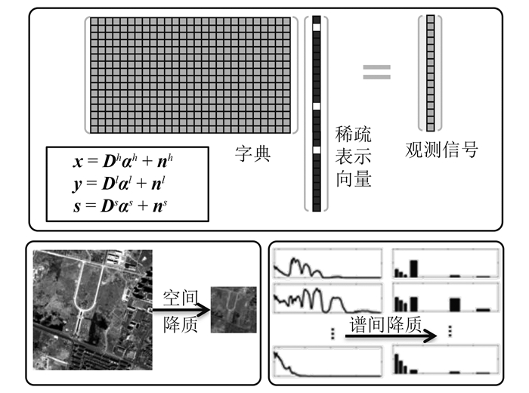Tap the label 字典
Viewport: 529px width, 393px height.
252,156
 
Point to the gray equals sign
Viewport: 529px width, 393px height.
376,72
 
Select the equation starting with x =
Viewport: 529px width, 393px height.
128,160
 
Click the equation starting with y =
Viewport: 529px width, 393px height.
128,182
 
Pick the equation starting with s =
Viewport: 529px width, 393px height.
128,204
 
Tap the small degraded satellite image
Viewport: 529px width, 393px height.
233,308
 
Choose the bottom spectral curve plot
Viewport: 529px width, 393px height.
327,361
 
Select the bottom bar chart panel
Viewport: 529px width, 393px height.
444,361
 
